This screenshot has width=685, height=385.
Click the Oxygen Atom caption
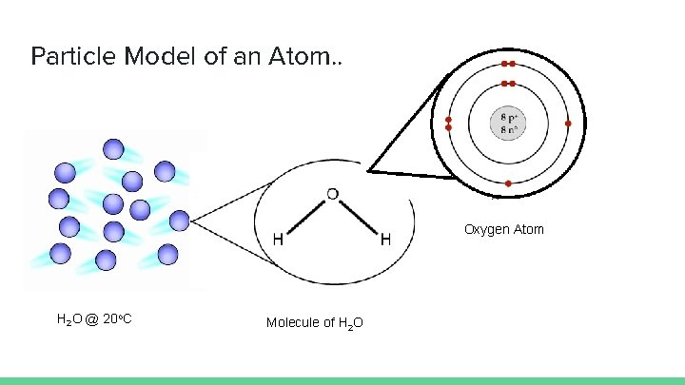coord(504,229)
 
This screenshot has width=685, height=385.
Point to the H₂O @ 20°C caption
coord(94,318)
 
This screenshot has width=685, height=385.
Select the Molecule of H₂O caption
coord(314,323)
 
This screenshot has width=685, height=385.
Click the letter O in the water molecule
coord(332,195)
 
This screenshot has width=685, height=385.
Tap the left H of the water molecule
coord(277,239)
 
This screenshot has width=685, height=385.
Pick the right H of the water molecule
coord(385,239)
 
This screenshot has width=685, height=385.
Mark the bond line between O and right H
coord(359,219)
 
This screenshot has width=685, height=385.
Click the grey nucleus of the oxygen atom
coord(508,124)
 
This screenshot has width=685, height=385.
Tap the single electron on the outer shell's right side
coord(568,124)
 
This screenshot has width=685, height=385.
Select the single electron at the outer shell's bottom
coord(508,183)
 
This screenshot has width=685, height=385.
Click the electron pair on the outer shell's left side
coord(449,124)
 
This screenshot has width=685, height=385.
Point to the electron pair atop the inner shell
coord(508,85)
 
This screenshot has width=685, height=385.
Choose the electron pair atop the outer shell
coord(508,64)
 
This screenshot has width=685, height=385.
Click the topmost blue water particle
coord(113,148)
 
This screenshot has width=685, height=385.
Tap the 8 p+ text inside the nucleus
coord(508,118)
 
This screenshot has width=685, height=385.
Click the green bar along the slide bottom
coord(342,380)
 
